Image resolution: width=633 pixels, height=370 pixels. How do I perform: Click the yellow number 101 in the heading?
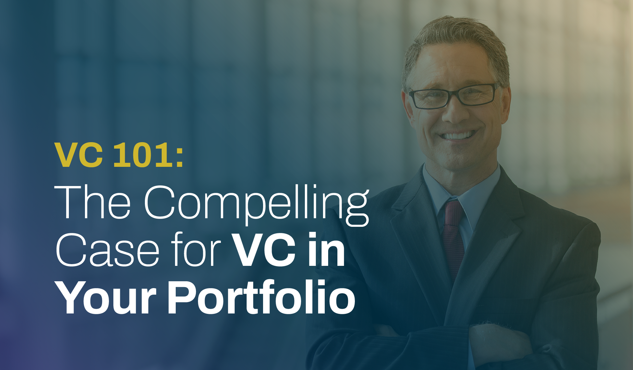click(x=142, y=155)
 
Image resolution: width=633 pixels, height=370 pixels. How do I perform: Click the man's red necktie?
click(x=453, y=236)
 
